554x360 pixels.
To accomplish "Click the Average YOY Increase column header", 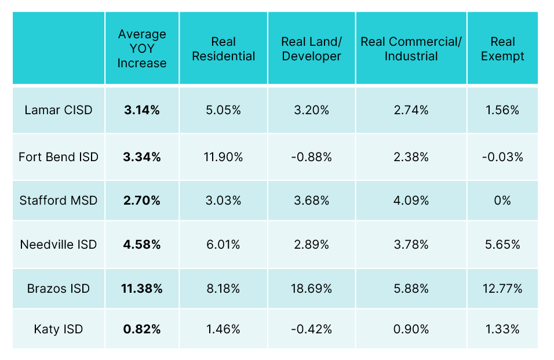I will pos(142,49).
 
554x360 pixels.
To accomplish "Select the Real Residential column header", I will pos(223,49).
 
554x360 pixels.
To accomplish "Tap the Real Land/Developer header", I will pos(312,49).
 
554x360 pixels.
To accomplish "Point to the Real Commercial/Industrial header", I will pos(411,49).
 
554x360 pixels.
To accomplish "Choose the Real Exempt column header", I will pos(502,49).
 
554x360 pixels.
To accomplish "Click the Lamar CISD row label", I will pos(59,110).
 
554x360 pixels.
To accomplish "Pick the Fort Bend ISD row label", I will pos(59,157).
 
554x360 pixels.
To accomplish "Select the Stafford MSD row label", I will pos(59,201).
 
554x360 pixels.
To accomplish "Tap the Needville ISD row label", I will pos(59,245).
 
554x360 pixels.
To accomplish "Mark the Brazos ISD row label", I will pos(59,288).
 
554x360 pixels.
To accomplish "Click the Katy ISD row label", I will pos(59,329).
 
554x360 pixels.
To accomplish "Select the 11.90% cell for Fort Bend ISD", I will pos(223,157).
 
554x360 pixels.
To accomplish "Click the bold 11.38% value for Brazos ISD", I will pos(142,288).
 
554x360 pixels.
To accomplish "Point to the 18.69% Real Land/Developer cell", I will pos(312,288).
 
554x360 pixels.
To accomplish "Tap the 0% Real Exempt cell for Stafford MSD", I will pos(502,201).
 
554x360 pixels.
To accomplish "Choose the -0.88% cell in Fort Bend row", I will pos(312,157).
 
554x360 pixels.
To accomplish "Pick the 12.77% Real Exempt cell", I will pos(502,288).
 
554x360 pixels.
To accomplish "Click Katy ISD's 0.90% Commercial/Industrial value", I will pos(411,329).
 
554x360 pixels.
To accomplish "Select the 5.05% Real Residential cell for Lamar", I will pos(223,110).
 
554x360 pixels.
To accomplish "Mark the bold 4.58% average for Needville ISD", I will pos(142,245).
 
